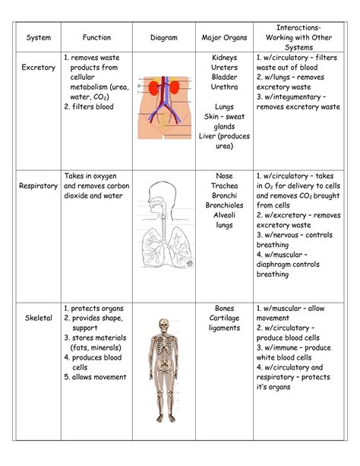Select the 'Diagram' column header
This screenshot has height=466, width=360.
pyautogui.click(x=164, y=36)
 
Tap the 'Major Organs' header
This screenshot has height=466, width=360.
pyautogui.click(x=224, y=36)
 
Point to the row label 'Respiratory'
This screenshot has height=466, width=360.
pyautogui.click(x=39, y=185)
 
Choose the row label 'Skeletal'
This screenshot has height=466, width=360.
pyautogui.click(x=37, y=318)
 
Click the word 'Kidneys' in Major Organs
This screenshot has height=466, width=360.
pyautogui.click(x=225, y=57)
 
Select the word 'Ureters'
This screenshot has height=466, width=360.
pyautogui.click(x=225, y=67)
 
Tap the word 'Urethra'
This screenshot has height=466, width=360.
pyautogui.click(x=225, y=87)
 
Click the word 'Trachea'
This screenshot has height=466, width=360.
pyautogui.click(x=224, y=185)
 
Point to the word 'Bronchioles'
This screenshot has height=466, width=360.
pyautogui.click(x=224, y=204)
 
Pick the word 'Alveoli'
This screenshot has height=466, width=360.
pyautogui.click(x=224, y=214)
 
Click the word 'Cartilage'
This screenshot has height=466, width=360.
pyautogui.click(x=224, y=318)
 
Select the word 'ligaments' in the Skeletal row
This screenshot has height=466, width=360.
pyautogui.click(x=224, y=328)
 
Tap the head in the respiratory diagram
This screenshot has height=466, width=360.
pyautogui.click(x=160, y=192)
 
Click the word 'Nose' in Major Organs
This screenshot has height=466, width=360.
pyautogui.click(x=224, y=175)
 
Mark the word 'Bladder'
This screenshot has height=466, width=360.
pyautogui.click(x=225, y=77)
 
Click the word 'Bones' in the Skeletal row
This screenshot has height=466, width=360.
pyautogui.click(x=224, y=308)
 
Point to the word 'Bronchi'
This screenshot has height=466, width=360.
pyautogui.click(x=224, y=195)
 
